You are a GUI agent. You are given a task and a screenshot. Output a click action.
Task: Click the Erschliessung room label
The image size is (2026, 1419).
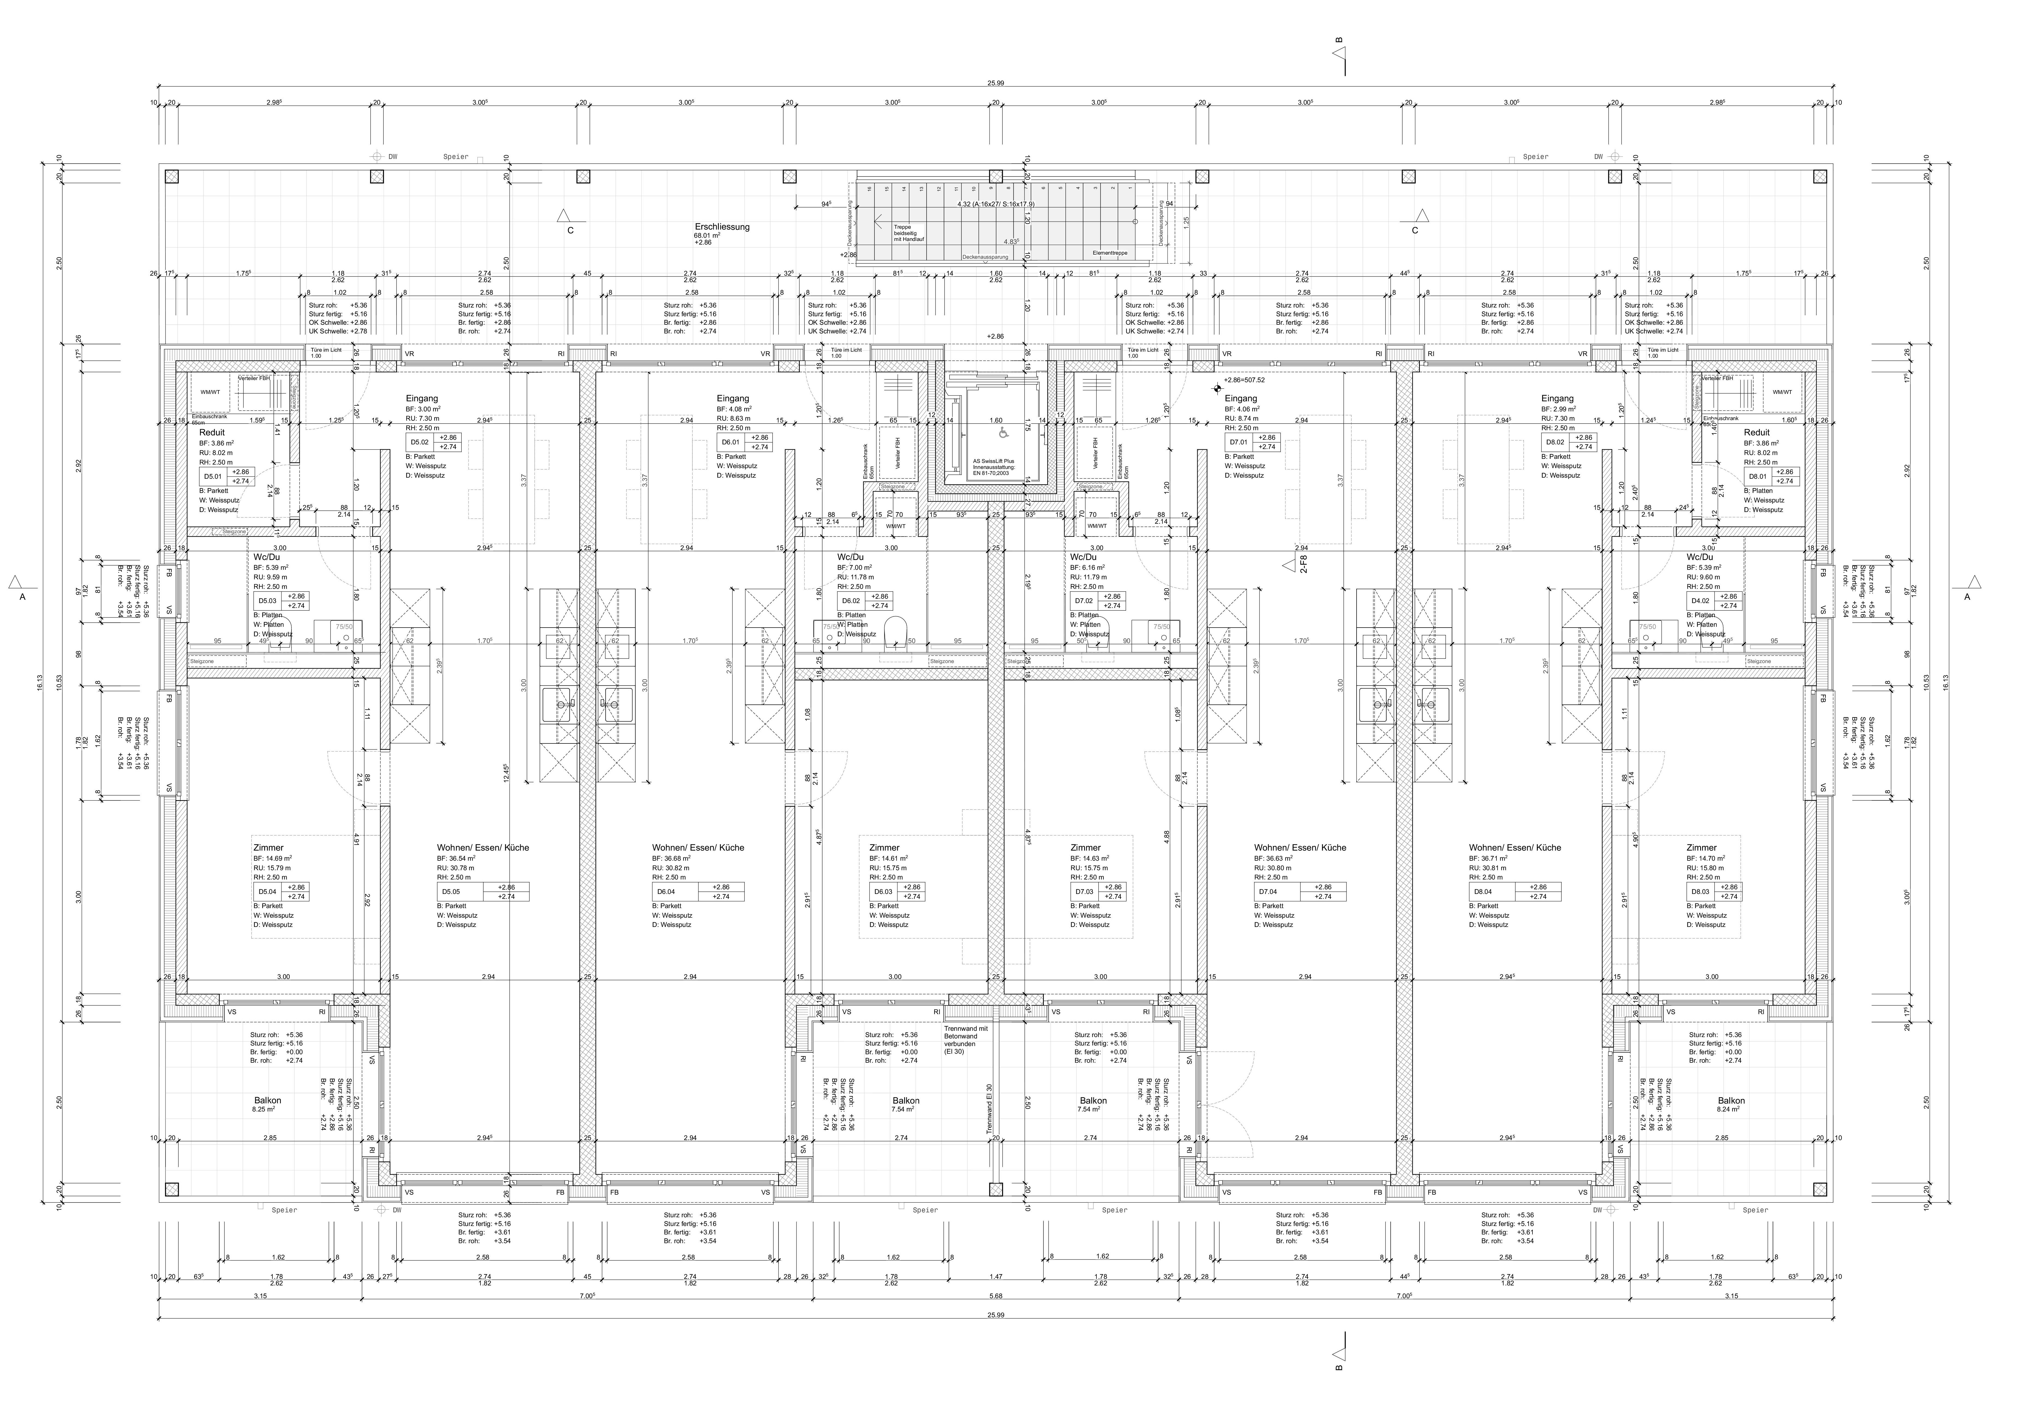tap(722, 227)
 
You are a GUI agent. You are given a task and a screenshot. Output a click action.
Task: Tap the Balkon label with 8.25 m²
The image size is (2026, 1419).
tap(267, 1100)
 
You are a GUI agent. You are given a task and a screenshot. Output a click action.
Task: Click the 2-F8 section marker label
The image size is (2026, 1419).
tap(1303, 565)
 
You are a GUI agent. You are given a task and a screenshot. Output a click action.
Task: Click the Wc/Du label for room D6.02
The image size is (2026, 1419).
tap(850, 558)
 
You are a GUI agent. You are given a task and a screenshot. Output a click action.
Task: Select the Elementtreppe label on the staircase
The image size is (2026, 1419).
tap(1109, 253)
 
